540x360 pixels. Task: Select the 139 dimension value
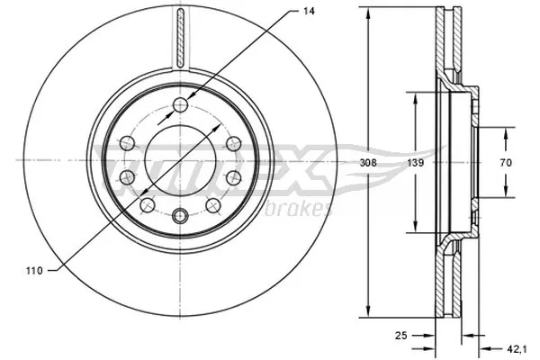(x=415, y=163)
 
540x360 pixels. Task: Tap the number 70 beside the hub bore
(x=506, y=163)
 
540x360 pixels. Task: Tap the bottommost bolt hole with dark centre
(x=180, y=214)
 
